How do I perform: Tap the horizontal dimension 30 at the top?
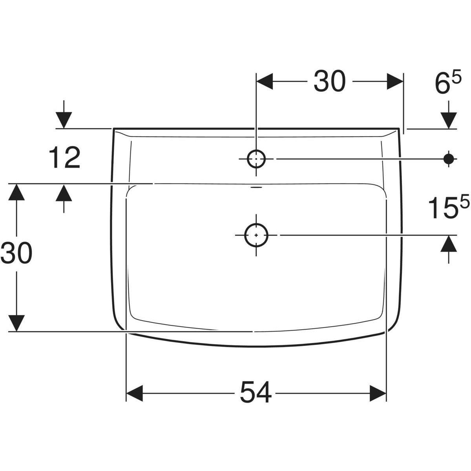(x=329, y=81)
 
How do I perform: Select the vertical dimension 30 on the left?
(x=16, y=253)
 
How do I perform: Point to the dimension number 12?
(x=64, y=158)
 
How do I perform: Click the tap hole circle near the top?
(x=256, y=159)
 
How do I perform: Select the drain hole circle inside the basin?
(x=256, y=235)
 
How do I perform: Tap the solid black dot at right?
(x=449, y=159)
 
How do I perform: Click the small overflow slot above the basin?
(x=256, y=188)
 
